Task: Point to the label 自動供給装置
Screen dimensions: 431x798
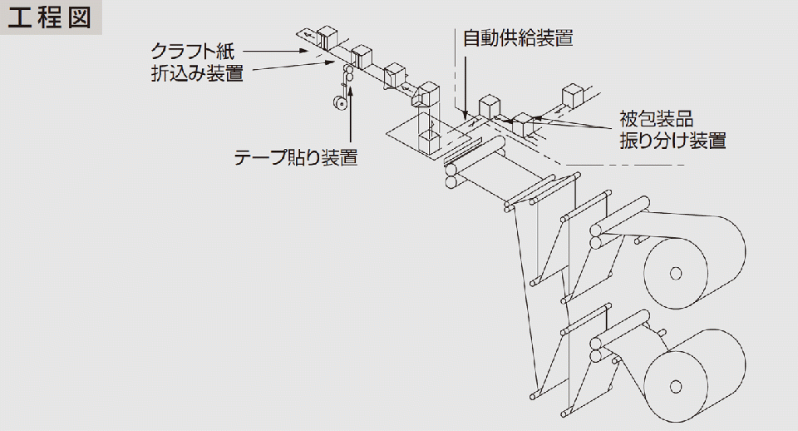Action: point(517,37)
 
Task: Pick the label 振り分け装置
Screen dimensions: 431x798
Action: point(672,140)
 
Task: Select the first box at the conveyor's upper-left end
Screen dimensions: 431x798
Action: point(326,36)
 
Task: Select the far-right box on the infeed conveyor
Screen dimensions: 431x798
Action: point(574,93)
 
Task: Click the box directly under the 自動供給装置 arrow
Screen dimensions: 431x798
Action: point(489,105)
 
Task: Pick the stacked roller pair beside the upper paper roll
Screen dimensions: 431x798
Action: point(596,235)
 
